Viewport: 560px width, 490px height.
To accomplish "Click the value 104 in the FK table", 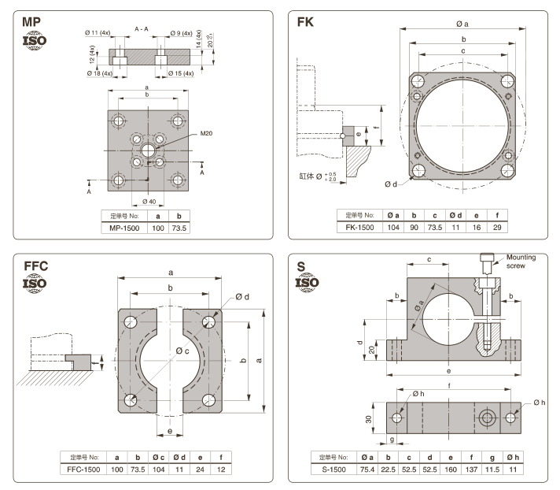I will [392, 227].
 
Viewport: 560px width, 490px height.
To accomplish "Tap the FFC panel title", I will [35, 265].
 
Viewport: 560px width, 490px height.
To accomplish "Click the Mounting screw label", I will [521, 262].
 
